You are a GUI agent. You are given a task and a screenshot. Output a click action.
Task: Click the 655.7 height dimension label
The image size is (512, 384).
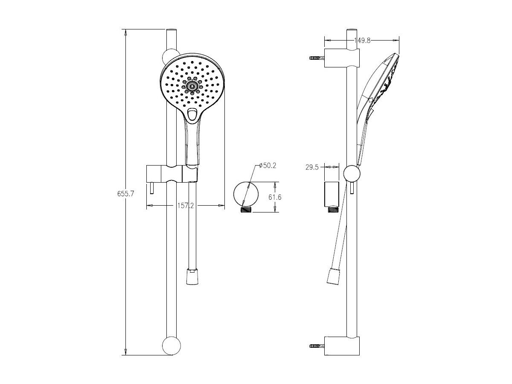click(126, 194)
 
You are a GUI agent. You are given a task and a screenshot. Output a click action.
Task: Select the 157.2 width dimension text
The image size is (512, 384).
click(186, 206)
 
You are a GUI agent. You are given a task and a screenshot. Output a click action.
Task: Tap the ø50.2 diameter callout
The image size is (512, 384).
click(268, 166)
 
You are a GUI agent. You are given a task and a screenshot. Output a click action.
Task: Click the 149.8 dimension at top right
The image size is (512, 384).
click(362, 41)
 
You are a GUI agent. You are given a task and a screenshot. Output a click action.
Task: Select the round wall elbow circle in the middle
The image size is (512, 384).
click(246, 194)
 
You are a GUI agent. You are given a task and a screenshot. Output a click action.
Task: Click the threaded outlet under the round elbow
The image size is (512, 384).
click(246, 209)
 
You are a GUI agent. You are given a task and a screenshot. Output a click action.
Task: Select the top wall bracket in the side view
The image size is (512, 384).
click(341, 58)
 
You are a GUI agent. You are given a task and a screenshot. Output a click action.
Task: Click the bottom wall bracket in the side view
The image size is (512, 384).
click(341, 346)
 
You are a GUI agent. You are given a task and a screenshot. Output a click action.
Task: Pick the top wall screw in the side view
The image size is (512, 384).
click(316, 58)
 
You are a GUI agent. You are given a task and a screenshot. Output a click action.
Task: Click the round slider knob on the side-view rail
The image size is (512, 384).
click(352, 174)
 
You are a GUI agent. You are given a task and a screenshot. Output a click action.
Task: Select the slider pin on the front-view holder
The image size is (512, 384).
click(151, 188)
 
